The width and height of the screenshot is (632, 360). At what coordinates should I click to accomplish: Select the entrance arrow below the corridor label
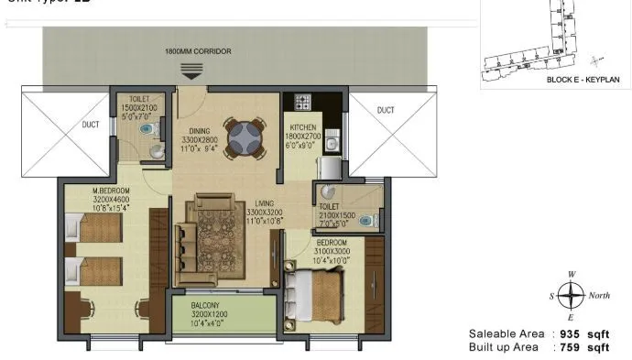click(x=192, y=71)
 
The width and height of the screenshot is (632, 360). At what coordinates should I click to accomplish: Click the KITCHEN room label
click(x=304, y=126)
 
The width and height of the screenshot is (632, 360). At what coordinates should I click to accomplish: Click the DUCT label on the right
click(x=386, y=110)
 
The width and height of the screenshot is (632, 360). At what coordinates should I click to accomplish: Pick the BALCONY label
click(x=204, y=304)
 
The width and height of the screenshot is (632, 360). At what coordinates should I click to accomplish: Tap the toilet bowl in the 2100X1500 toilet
click(x=367, y=221)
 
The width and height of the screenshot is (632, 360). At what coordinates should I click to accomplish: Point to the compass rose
click(x=572, y=296)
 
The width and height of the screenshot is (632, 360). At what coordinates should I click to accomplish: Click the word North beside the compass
click(x=599, y=296)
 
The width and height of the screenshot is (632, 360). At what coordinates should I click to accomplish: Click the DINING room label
click(x=201, y=131)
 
